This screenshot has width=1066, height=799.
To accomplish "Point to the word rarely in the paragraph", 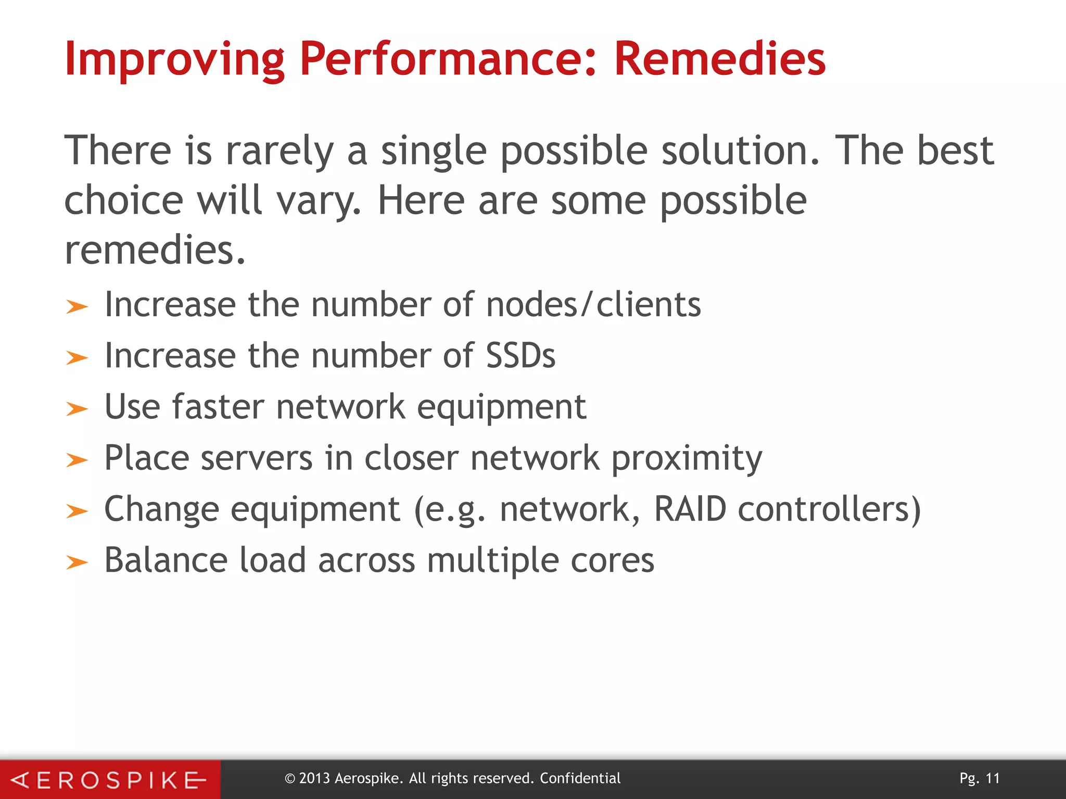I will tap(280, 151).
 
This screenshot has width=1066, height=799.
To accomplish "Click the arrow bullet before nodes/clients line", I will tap(77, 307).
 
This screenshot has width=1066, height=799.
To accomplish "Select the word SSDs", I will tap(521, 356).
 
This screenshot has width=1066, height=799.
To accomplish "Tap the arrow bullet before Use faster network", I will tap(77, 409).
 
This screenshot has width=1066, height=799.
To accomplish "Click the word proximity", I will tap(687, 458).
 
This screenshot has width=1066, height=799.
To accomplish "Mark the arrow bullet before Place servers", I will tap(77, 460).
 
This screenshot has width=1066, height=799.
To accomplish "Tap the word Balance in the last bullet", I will tap(166, 560).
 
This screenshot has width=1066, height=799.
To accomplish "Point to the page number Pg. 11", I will tap(980, 778).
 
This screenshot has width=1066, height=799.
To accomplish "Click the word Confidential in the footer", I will tap(580, 778).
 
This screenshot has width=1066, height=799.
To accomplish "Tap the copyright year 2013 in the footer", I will tap(314, 778).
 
